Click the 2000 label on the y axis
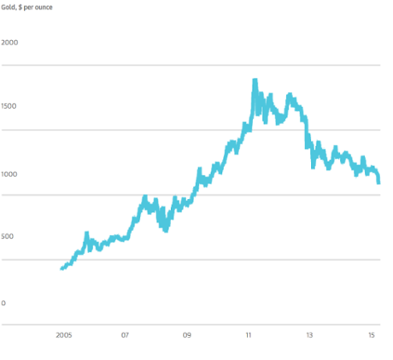11,42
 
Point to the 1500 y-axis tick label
11,107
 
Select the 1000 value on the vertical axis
11,174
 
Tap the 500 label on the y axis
9,237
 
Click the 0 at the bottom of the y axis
3,303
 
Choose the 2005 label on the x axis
63,335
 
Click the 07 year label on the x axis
126,335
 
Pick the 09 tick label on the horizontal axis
187,335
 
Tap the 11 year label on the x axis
249,335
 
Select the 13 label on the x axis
310,335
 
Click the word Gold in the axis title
9,6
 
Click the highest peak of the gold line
255,80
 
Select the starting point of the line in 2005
62,269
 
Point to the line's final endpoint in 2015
379,181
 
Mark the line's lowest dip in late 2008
165,229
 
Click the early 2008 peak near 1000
145,198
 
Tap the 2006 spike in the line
86,233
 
